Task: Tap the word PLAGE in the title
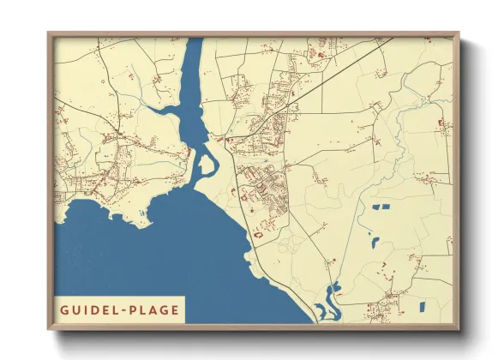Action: [153, 309]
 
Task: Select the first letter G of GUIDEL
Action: [65, 309]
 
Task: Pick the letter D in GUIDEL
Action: [100, 309]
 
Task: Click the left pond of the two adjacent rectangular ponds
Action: [378, 208]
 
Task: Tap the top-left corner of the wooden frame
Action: [50, 35]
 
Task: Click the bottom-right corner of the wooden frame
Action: [457, 328]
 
